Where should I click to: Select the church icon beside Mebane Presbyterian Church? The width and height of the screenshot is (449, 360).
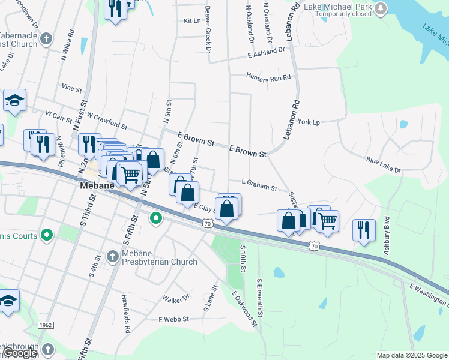(x=112, y=257)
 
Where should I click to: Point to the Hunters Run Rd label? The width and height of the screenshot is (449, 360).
(x=268, y=77)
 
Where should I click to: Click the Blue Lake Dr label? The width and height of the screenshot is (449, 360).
(x=383, y=165)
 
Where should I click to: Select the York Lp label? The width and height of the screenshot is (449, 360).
(x=309, y=122)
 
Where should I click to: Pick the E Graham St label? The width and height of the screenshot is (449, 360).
(x=259, y=184)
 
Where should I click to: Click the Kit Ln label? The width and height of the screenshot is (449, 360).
(x=191, y=20)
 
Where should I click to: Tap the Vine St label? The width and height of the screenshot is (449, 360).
(x=71, y=88)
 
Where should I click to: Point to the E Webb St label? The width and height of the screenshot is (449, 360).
(x=173, y=319)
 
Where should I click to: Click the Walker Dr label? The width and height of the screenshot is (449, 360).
(x=176, y=298)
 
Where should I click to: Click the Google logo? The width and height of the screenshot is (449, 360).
(x=20, y=353)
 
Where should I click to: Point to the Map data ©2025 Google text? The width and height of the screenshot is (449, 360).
(x=412, y=355)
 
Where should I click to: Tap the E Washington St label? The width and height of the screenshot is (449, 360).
(x=429, y=293)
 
